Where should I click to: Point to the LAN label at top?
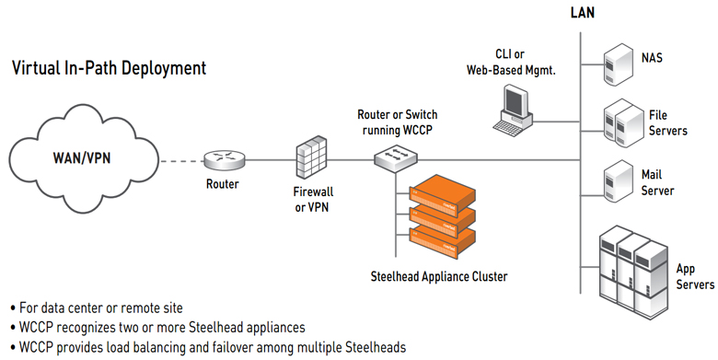coord(582,12)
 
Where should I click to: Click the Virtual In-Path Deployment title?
coord(108,68)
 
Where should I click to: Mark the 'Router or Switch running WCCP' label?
coord(398,122)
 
